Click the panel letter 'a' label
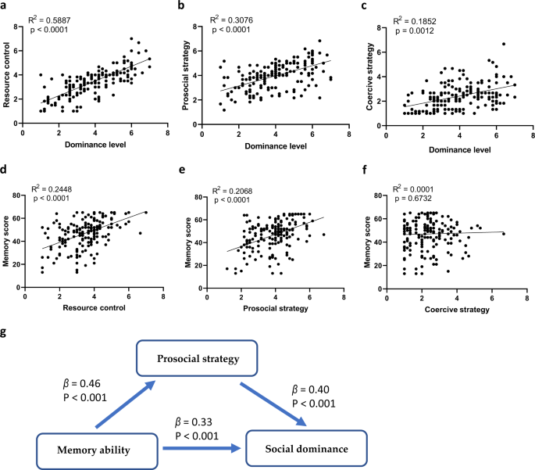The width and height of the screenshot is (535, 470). click(x=6, y=7)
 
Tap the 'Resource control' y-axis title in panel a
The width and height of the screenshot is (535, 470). click(x=9, y=74)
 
